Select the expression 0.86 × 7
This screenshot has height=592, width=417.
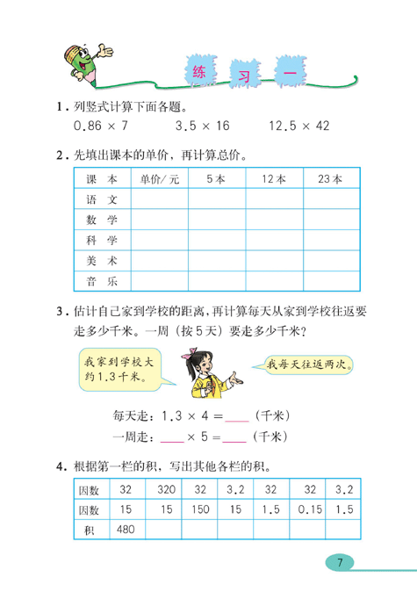(99, 126)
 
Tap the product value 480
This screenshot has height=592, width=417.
(126, 529)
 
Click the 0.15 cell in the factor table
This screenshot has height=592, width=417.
(308, 509)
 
